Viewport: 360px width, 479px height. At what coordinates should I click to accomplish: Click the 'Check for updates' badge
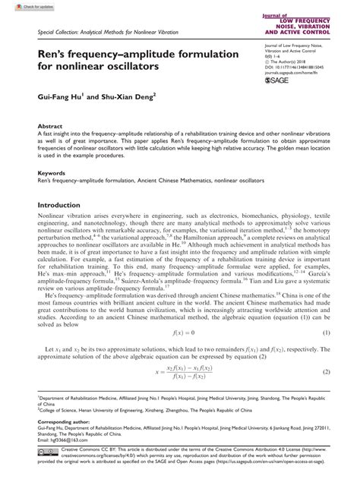click(x=22, y=6)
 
